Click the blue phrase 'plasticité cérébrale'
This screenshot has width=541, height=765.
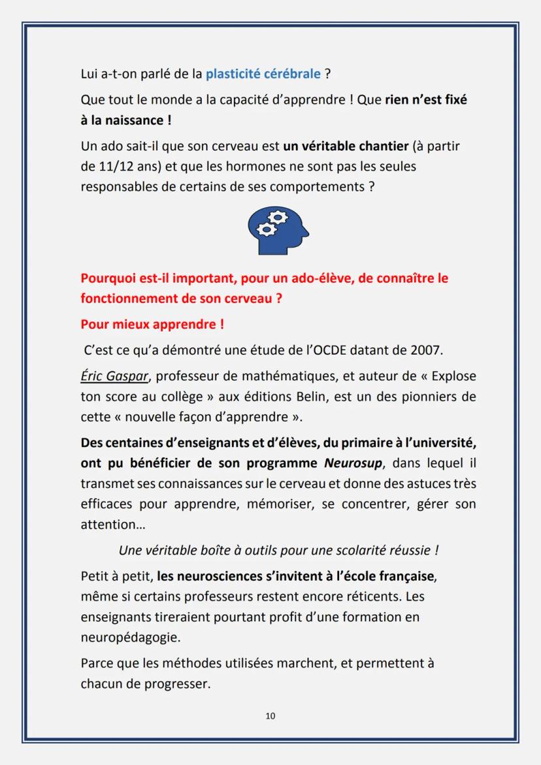click(x=263, y=74)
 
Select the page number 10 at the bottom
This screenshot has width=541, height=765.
click(x=270, y=716)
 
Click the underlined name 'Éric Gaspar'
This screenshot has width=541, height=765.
click(x=114, y=377)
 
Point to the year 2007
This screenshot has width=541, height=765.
click(x=426, y=351)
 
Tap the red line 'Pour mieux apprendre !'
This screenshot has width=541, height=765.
click(x=152, y=325)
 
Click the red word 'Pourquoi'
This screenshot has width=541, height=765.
click(x=107, y=279)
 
